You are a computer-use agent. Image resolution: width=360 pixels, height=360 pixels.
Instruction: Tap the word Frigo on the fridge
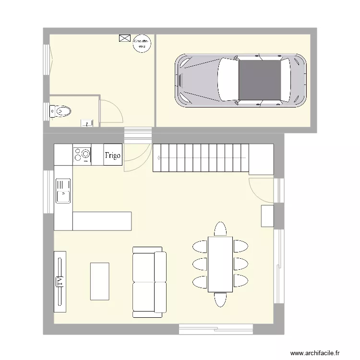(x=113, y=155)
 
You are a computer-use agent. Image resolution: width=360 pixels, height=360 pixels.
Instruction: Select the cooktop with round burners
(x=82, y=155)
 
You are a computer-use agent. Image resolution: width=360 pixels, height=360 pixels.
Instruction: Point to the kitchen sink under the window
(x=63, y=191)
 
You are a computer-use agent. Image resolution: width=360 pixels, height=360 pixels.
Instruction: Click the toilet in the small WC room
(x=61, y=112)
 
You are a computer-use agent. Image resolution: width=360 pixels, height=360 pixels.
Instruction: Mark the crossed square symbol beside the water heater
(x=124, y=38)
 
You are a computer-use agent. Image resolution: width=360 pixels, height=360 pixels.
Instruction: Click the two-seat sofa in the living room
(x=148, y=282)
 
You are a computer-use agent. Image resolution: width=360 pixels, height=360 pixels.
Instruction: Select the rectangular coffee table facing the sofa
(x=99, y=281)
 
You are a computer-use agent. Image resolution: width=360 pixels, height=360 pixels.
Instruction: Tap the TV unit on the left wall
(x=60, y=278)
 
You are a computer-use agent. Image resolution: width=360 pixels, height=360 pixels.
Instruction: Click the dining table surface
(x=220, y=264)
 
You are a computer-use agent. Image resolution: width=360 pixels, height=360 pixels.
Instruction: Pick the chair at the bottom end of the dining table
(x=220, y=300)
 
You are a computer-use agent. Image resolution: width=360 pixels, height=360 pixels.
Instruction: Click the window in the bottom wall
(x=216, y=329)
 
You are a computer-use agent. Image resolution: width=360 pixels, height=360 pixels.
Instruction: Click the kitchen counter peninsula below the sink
(x=102, y=221)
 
